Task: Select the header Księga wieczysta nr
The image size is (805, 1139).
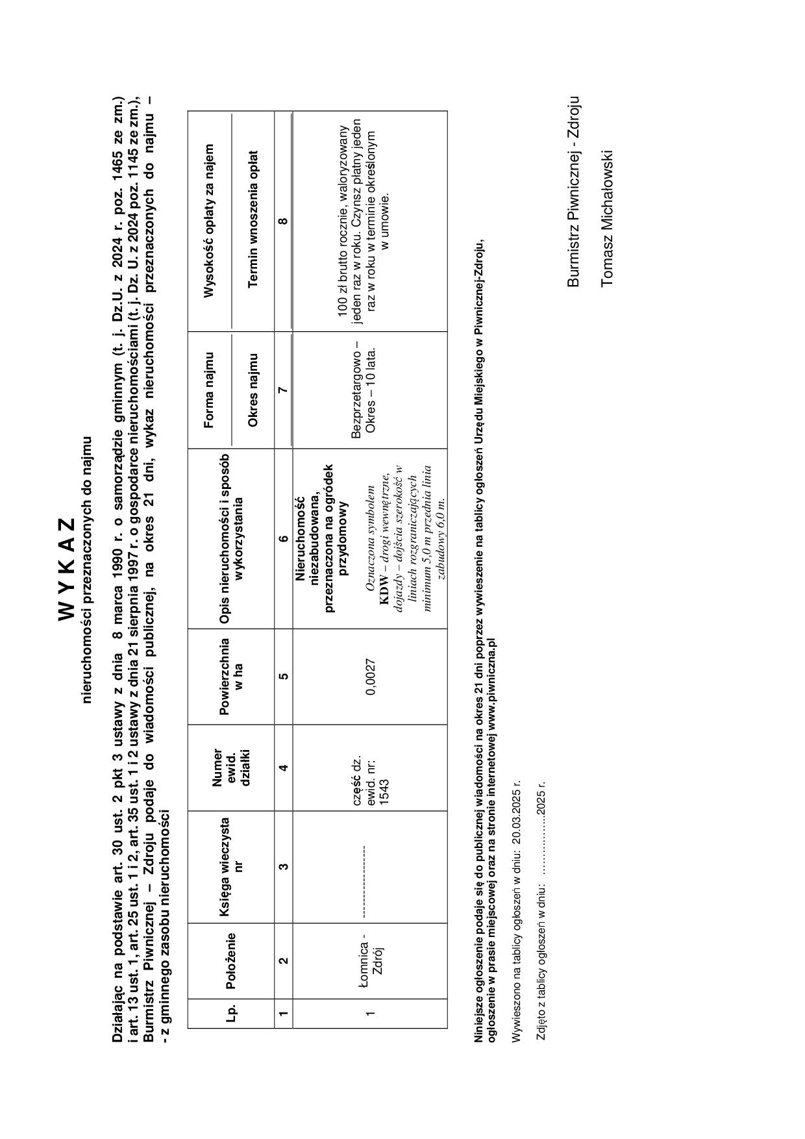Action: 230,866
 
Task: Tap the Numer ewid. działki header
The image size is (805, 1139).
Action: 230,768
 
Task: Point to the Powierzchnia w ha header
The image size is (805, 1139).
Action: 230,677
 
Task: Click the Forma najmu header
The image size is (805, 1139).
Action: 209,390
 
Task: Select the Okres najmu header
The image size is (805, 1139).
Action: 253,390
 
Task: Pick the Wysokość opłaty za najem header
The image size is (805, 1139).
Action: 209,221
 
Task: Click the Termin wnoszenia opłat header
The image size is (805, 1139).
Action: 253,221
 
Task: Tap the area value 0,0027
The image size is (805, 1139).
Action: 371,677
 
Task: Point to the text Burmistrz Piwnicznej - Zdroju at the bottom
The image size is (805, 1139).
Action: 573,192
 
